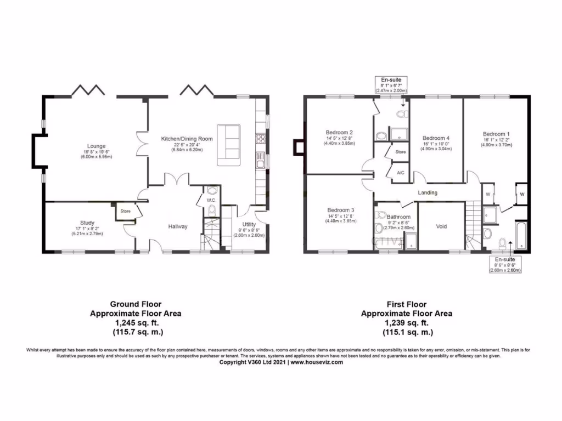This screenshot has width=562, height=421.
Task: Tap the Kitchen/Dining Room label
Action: coord(186,139)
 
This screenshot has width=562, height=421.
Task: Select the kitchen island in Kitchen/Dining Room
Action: coord(228,145)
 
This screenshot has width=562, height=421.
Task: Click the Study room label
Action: coord(87,223)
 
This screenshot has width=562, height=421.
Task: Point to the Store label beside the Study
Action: coord(125,210)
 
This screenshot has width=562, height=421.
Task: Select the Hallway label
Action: coord(178,226)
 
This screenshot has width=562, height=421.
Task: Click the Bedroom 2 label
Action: coord(339,133)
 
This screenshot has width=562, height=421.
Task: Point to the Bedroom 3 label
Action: coord(340,210)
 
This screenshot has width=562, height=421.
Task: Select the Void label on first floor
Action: coord(441,226)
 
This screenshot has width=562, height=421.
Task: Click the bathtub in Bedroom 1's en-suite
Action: coord(520,236)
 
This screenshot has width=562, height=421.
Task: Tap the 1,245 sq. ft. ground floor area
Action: coord(135,323)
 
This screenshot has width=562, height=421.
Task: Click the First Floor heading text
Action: coord(406,304)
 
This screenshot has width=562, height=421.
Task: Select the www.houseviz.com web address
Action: coord(317,362)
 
